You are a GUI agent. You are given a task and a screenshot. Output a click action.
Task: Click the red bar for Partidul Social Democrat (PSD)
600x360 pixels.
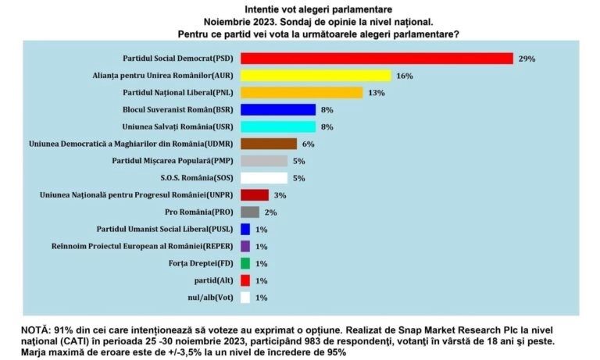tap(377, 59)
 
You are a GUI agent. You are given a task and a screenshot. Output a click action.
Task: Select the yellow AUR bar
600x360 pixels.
tap(316, 76)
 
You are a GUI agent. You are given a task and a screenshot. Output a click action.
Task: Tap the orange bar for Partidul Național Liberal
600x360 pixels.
tap(302, 93)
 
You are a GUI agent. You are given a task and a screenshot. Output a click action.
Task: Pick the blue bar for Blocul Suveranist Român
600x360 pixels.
tap(278, 110)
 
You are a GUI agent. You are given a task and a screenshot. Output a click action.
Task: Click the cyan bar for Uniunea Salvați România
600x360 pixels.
tap(278, 127)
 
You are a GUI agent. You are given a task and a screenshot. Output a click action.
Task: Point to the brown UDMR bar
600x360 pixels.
tap(269, 144)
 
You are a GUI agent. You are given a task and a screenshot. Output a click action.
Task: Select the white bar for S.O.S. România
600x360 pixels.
tap(264, 178)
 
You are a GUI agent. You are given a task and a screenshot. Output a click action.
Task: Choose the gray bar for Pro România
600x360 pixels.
tap(250, 212)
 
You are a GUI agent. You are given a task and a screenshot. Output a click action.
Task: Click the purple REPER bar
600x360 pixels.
tap(245, 246)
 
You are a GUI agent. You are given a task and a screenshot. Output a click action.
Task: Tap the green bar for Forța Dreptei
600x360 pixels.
tap(245, 263)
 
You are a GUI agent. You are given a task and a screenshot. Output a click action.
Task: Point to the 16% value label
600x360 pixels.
tap(404, 76)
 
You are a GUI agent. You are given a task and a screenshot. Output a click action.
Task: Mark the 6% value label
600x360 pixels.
tap(308, 144)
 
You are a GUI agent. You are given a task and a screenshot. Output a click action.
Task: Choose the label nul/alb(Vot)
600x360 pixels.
tap(206, 297)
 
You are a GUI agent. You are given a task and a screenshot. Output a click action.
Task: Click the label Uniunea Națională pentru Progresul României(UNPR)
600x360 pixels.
tap(136, 194)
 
